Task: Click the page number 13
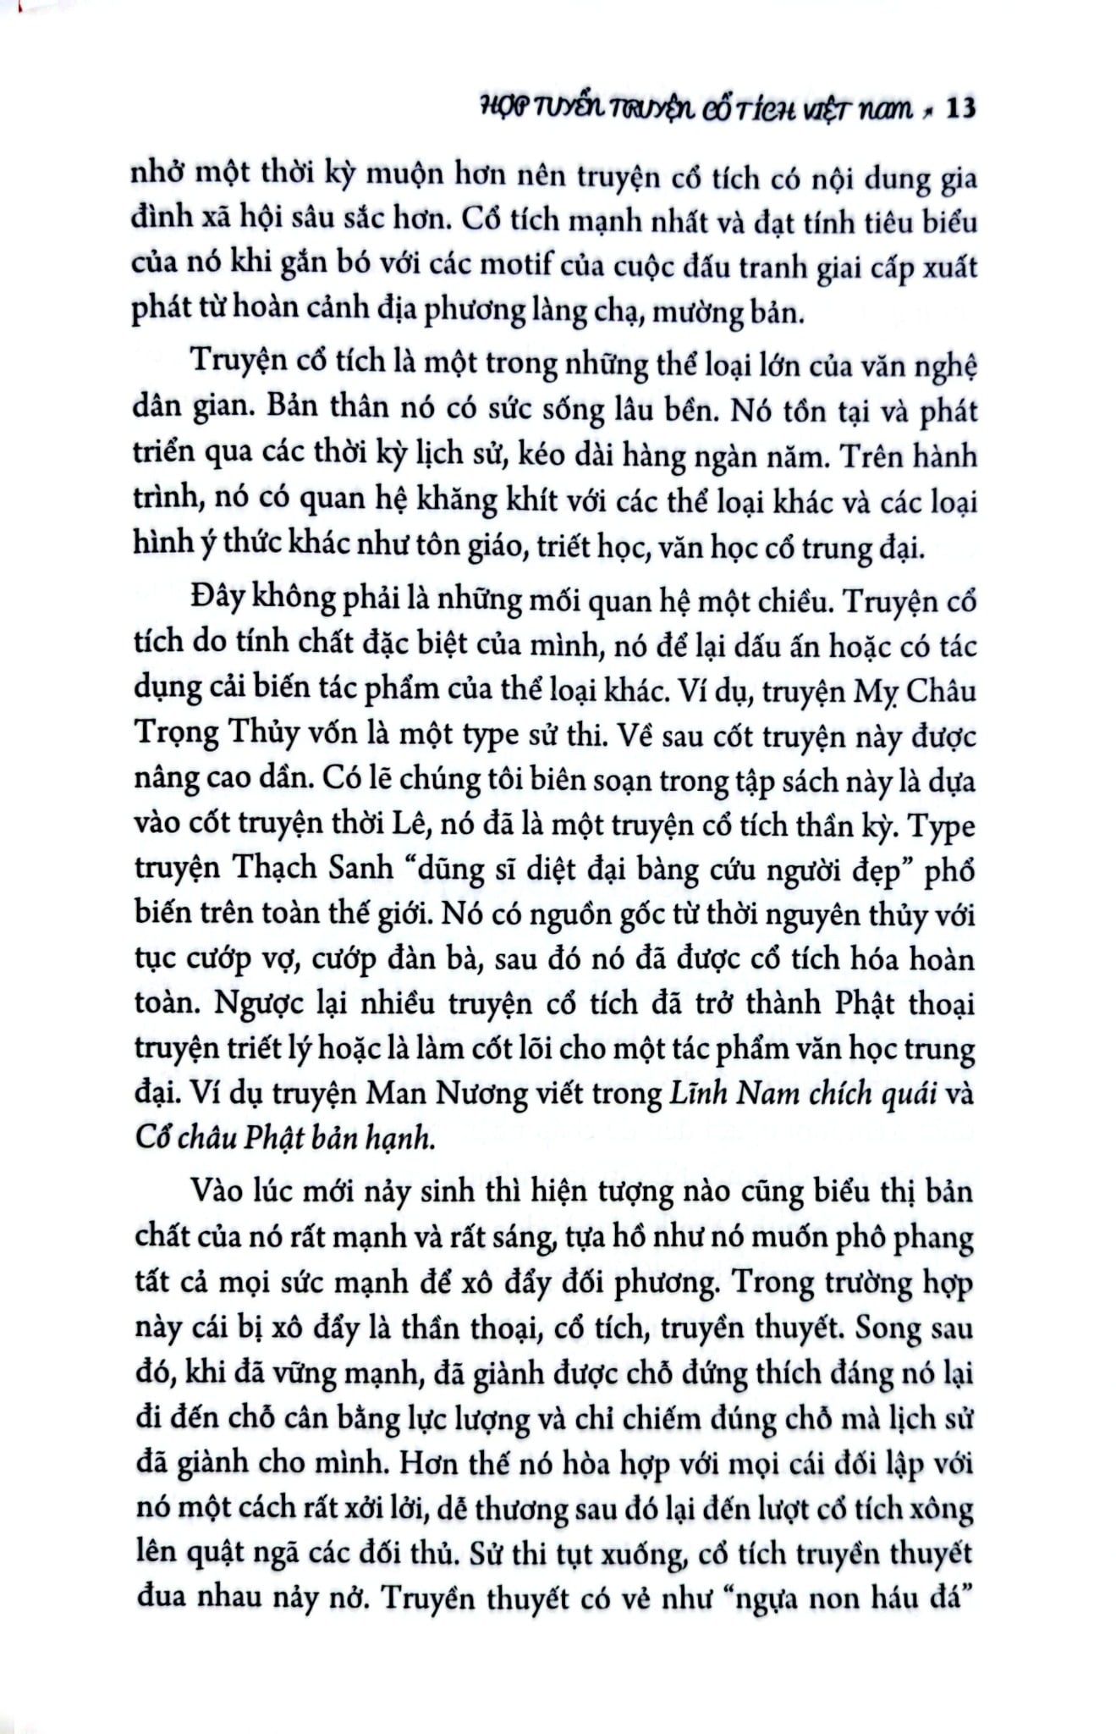pyautogui.click(x=959, y=109)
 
